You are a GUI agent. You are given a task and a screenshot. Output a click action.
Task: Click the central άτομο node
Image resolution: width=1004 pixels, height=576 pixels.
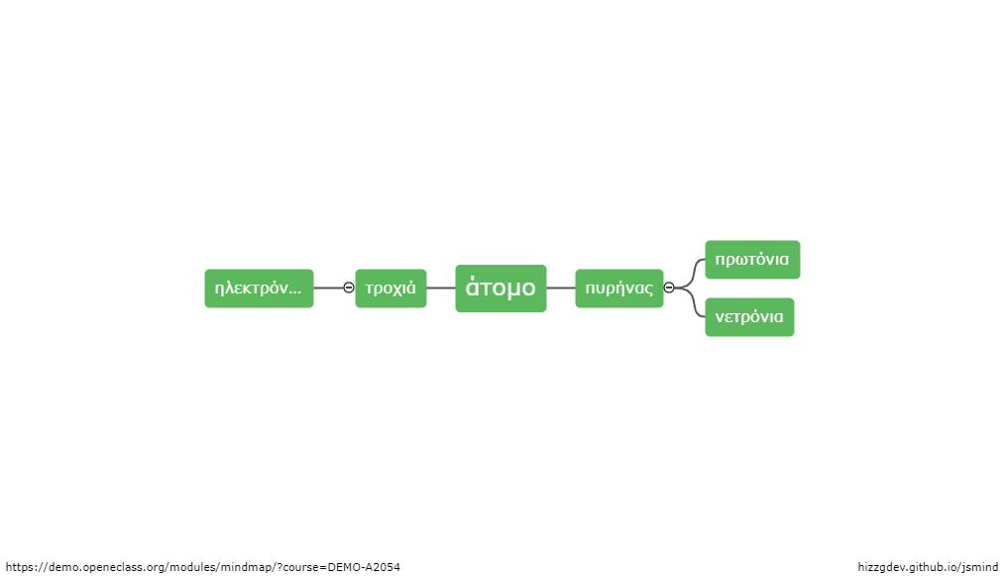coord(501,288)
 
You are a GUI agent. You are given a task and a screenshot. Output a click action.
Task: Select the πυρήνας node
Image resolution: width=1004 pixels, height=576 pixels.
coord(619,288)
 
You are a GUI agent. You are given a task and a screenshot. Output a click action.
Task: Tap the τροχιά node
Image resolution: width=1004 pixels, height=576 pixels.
coord(390,288)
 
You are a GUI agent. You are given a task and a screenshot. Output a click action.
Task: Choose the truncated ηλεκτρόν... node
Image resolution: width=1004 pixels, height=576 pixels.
coord(259,288)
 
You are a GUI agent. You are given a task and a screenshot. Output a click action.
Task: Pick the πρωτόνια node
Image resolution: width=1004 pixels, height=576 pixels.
coord(752,260)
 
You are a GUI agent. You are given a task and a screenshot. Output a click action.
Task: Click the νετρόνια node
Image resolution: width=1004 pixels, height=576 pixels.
coord(749,317)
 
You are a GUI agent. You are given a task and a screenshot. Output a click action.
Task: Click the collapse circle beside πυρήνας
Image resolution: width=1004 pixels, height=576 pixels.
coord(669,288)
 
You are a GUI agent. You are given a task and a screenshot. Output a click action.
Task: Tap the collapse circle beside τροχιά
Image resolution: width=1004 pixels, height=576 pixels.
coord(348,288)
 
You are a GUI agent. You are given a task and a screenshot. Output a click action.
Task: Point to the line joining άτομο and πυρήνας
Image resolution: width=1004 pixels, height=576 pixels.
coord(561,288)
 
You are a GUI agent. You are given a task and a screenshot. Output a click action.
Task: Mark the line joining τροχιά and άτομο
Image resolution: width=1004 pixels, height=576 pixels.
coord(441,288)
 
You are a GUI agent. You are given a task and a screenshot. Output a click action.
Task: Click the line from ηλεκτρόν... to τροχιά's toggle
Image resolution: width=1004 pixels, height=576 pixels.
coord(328,288)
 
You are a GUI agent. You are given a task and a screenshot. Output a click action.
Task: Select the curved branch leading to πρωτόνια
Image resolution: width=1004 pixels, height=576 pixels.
coord(692,274)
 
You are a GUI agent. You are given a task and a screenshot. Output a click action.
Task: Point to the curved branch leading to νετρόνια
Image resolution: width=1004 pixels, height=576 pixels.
coord(692,302)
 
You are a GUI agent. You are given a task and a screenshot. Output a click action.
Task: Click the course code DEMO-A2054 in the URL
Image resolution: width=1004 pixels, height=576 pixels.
coord(364,567)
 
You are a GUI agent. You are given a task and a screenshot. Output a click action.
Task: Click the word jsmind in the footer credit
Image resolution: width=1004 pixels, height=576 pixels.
coord(980,567)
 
